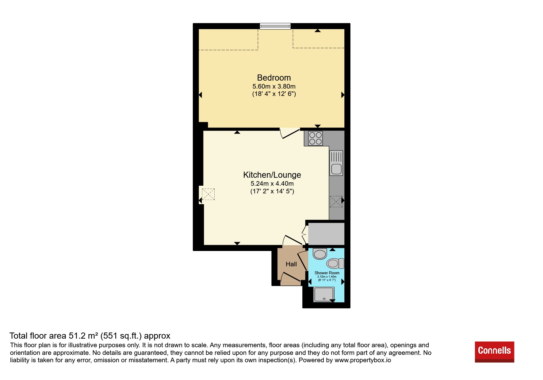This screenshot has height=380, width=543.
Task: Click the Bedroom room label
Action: pyautogui.click(x=274, y=78)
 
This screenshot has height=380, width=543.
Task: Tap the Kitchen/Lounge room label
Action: pyautogui.click(x=272, y=175)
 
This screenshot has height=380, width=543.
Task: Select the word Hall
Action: pyautogui.click(x=291, y=264)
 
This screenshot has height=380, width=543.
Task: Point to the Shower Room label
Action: pyautogui.click(x=327, y=273)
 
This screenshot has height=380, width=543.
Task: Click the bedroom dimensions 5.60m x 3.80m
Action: pyautogui.click(x=274, y=86)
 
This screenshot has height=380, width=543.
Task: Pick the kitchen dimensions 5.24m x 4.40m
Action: pyautogui.click(x=272, y=184)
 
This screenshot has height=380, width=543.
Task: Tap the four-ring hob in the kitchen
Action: pyautogui.click(x=315, y=138)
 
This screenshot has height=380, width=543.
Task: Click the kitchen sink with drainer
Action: pyautogui.click(x=336, y=163)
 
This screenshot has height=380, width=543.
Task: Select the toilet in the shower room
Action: pyautogui.click(x=335, y=263)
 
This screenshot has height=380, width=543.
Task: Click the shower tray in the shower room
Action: pyautogui.click(x=324, y=294)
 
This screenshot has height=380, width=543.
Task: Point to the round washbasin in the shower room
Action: pyautogui.click(x=320, y=254)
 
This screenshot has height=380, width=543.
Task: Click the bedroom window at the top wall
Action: pyautogui.click(x=275, y=26)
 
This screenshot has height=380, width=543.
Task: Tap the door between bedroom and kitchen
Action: pyautogui.click(x=290, y=133)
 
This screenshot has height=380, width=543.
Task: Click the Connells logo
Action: pyautogui.click(x=494, y=352)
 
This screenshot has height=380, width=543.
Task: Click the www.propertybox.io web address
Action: pyautogui.click(x=363, y=360)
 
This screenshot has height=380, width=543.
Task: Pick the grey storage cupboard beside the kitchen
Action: pyautogui.click(x=326, y=234)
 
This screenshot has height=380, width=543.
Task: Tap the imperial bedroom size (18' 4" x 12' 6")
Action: pyautogui.click(x=274, y=94)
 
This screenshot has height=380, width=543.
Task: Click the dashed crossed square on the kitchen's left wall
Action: pyautogui.click(x=208, y=194)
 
